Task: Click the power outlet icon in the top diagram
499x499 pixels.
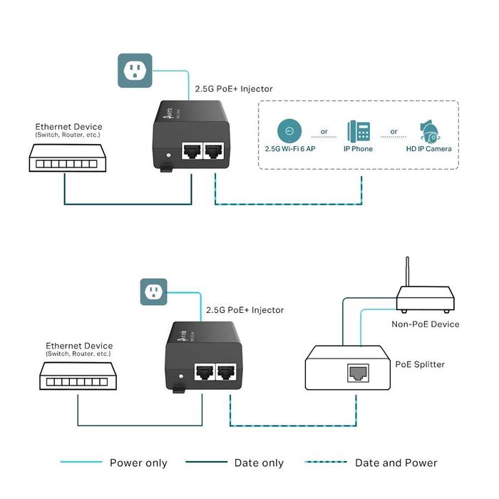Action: click(135, 70)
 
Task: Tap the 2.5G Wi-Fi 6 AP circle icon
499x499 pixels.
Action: click(289, 131)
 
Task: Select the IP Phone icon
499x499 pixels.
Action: click(358, 132)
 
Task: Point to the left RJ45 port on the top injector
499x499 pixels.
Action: click(191, 150)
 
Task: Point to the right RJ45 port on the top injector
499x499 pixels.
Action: click(213, 150)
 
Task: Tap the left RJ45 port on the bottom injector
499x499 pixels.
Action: click(205, 371)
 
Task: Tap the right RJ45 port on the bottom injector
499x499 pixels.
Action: click(227, 371)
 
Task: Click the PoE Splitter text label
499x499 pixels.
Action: click(420, 364)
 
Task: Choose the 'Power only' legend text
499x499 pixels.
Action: click(138, 463)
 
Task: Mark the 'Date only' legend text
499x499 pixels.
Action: click(259, 463)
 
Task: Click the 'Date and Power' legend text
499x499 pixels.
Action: click(396, 463)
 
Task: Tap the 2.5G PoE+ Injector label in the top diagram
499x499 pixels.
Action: click(234, 89)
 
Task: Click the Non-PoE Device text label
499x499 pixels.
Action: click(426, 324)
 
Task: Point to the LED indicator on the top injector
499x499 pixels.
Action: click(168, 154)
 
